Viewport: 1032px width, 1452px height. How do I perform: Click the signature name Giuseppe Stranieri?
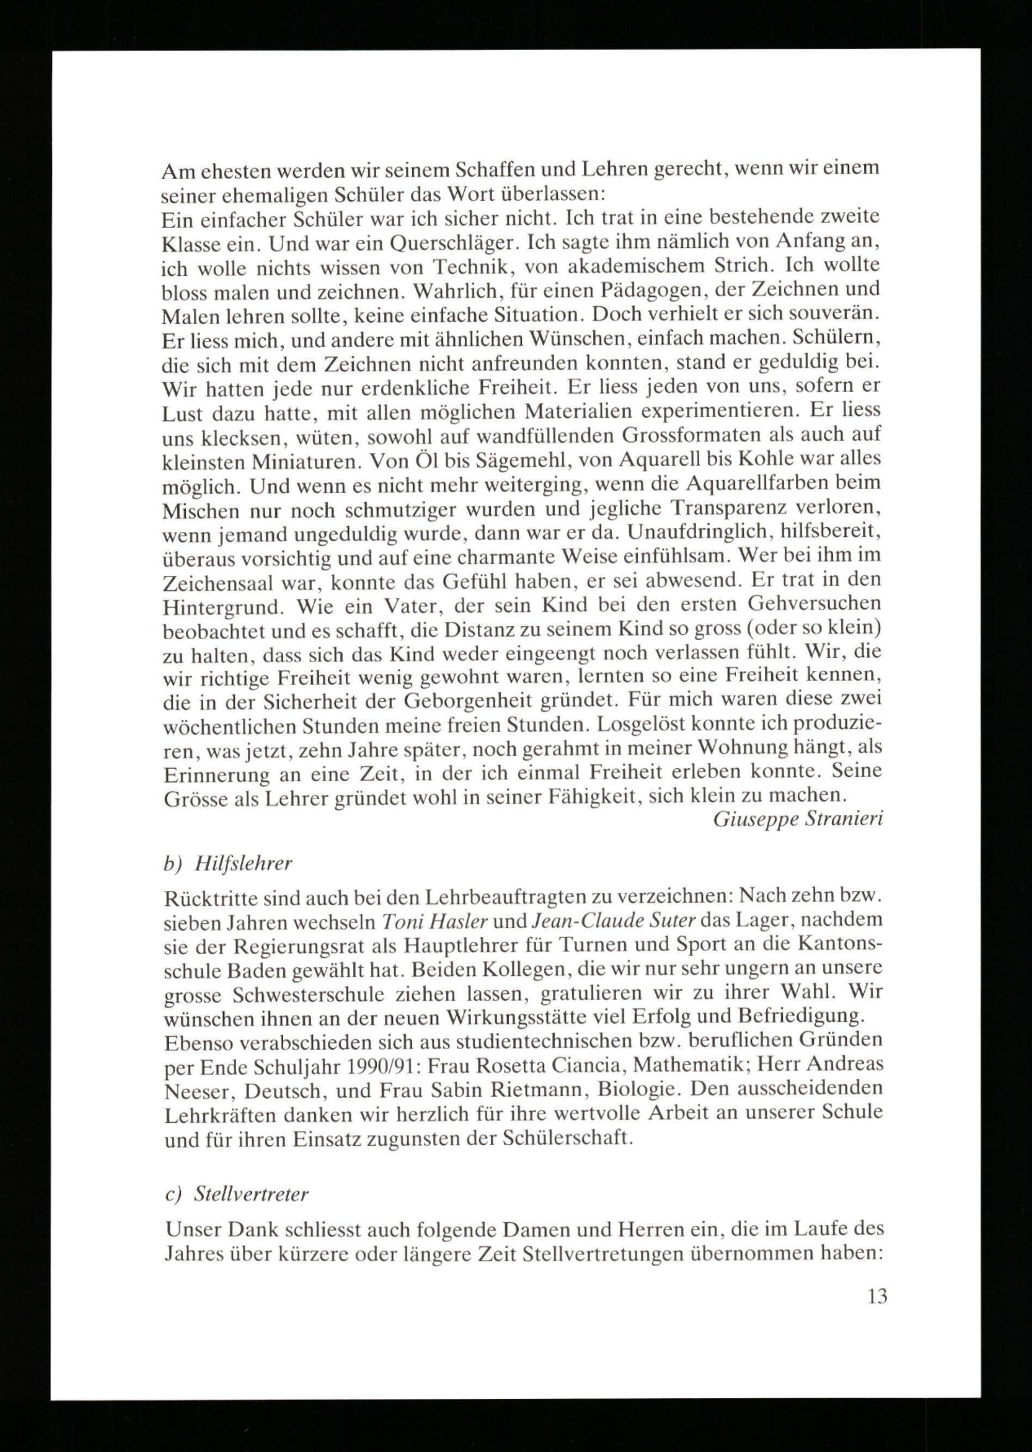pos(798,819)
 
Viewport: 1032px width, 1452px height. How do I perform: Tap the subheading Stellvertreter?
pos(251,1194)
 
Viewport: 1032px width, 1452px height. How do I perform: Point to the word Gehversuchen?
pos(815,603)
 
